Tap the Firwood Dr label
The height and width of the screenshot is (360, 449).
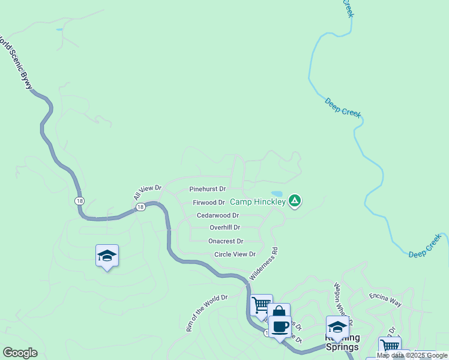(208, 203)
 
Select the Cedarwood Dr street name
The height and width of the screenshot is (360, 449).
(217, 215)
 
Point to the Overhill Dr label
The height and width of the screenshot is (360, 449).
(224, 228)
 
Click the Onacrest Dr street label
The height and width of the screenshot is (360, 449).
(226, 241)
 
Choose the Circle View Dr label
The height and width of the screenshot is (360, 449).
(235, 254)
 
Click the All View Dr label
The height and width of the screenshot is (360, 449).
(148, 193)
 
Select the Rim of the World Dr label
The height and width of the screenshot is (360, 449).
(207, 314)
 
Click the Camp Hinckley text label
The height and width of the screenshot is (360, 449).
(258, 202)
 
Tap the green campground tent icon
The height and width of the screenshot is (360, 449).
(294, 201)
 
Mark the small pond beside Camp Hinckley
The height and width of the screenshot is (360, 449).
(277, 194)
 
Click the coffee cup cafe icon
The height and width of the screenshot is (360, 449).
(280, 326)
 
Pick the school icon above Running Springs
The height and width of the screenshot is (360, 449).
(337, 326)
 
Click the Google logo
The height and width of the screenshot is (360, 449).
(20, 353)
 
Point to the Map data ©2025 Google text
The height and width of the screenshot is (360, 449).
(412, 356)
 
